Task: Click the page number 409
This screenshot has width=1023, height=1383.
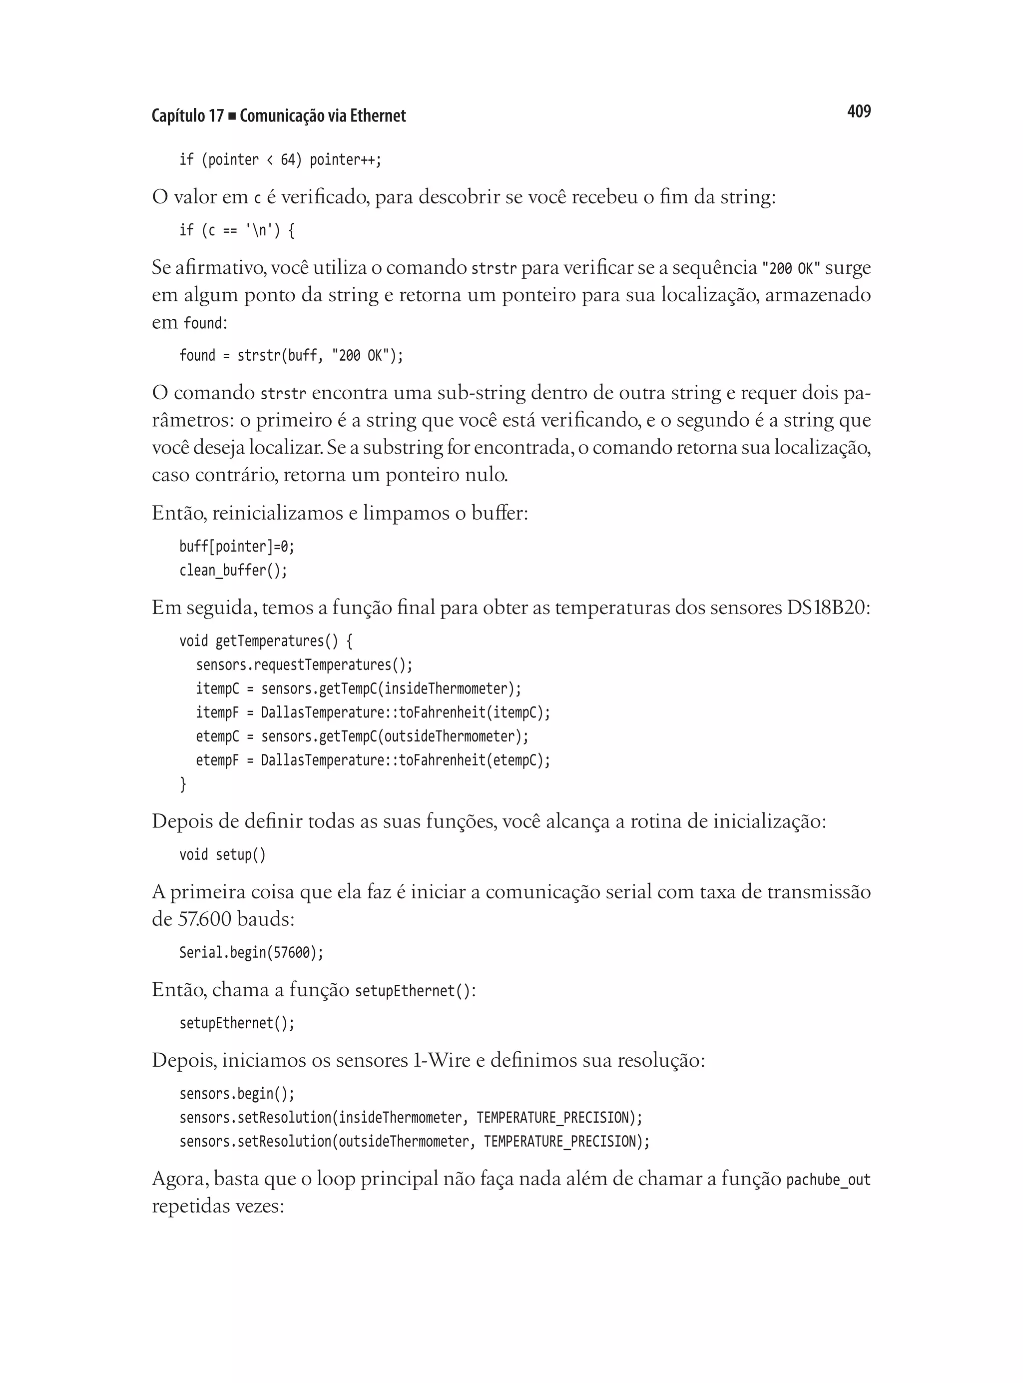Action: (x=858, y=111)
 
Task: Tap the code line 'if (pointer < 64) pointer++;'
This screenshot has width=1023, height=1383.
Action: (x=280, y=160)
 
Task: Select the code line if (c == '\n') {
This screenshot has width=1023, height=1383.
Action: (x=237, y=230)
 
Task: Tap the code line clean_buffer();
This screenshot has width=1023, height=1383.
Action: (x=233, y=570)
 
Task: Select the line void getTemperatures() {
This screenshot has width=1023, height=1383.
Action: (x=266, y=641)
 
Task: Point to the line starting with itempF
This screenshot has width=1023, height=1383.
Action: (x=372, y=712)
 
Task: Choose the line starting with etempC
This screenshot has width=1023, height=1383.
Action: (x=362, y=736)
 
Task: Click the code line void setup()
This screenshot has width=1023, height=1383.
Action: (x=222, y=855)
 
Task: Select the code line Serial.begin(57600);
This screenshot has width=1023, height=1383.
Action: (x=251, y=952)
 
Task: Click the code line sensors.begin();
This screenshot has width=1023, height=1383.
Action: (x=237, y=1094)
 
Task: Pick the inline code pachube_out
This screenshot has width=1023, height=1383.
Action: (x=827, y=1180)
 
